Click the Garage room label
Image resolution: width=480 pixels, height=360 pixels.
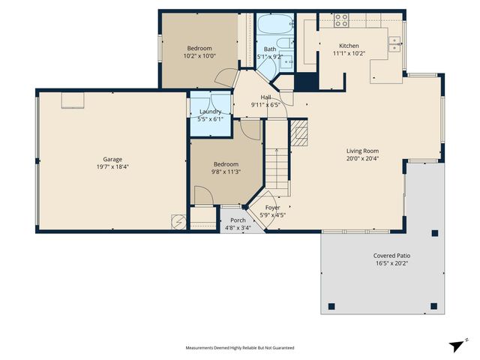pyautogui.click(x=112, y=159)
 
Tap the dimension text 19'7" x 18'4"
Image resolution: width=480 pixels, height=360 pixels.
pyautogui.click(x=112, y=167)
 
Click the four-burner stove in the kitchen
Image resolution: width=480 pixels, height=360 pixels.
pyautogui.click(x=341, y=19)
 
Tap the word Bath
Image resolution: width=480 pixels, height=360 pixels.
pyautogui.click(x=269, y=49)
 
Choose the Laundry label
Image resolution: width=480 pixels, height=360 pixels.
pyautogui.click(x=210, y=112)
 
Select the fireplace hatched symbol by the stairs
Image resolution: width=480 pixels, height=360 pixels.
pyautogui.click(x=299, y=135)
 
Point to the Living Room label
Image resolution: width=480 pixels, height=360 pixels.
pyautogui.click(x=362, y=151)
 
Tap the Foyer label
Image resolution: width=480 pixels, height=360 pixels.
pyautogui.click(x=272, y=207)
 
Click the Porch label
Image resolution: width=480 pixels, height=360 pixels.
pyautogui.click(x=238, y=220)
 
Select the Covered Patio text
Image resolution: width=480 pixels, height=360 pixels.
pyautogui.click(x=391, y=256)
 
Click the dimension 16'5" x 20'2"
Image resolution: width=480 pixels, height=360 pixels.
pyautogui.click(x=391, y=264)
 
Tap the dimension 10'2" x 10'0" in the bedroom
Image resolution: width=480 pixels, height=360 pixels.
pyautogui.click(x=199, y=55)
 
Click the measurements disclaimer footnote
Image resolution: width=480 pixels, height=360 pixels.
pyautogui.click(x=240, y=348)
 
